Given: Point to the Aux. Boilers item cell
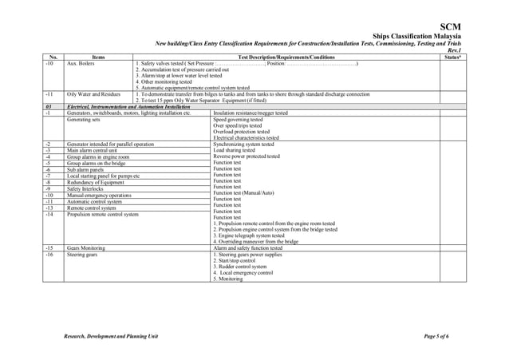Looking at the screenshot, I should [82, 63].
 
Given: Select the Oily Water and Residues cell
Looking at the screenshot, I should [93, 94].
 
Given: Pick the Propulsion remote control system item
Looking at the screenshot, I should [103, 215].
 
